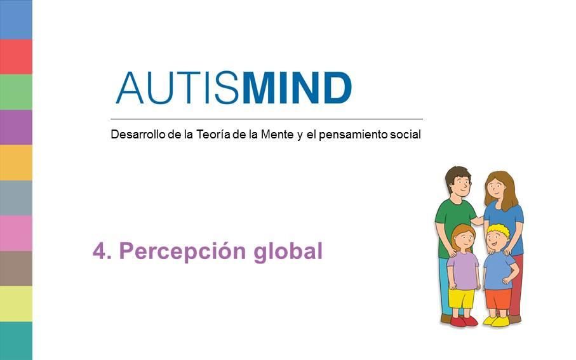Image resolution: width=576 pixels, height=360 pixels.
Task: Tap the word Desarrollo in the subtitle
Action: (x=138, y=134)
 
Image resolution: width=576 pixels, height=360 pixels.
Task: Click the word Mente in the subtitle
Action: (x=278, y=134)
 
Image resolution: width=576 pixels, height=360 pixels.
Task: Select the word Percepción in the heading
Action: (x=182, y=251)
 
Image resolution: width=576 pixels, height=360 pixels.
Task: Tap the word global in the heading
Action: (x=288, y=251)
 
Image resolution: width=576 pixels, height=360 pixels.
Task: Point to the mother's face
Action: (x=496, y=188)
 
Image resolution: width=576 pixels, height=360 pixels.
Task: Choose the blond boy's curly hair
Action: (x=499, y=230)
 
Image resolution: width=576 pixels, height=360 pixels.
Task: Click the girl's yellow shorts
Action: (x=462, y=298)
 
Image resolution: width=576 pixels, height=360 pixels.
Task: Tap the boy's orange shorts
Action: (x=498, y=299)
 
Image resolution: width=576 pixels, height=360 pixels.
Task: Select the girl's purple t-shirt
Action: (x=463, y=270)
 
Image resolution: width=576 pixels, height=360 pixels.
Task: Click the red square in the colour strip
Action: (x=16, y=57)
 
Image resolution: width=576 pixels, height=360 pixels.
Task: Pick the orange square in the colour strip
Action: (x=16, y=163)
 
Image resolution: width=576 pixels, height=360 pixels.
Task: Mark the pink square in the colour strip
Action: (x=16, y=233)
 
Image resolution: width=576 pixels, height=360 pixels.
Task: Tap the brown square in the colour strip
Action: (x=16, y=269)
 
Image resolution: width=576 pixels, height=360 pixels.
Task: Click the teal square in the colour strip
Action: (x=16, y=341)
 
